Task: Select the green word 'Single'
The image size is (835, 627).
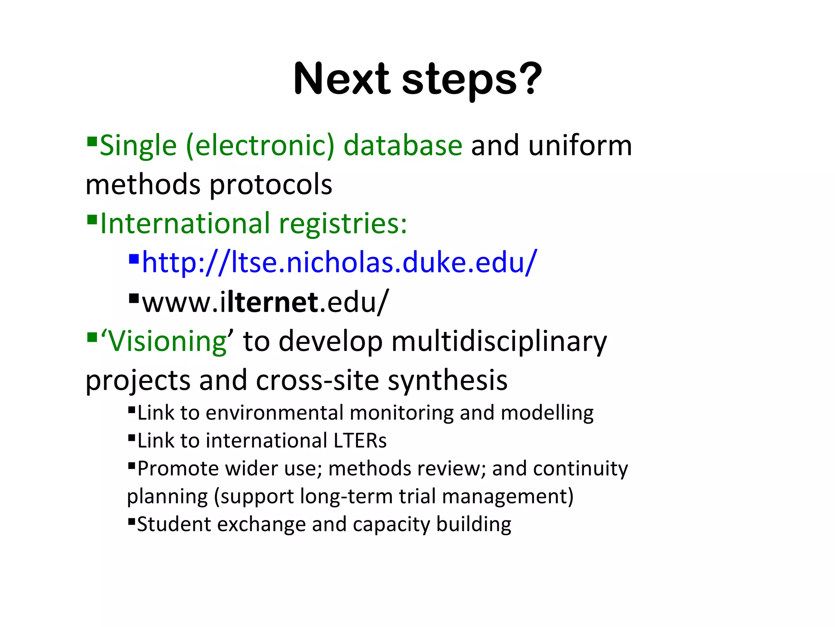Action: coord(138,146)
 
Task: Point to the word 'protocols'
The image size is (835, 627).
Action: coord(271,184)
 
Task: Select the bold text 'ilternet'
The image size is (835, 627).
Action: coord(269,302)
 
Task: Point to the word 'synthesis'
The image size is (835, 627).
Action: coord(447,380)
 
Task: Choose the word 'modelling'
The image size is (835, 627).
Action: coord(547,413)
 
